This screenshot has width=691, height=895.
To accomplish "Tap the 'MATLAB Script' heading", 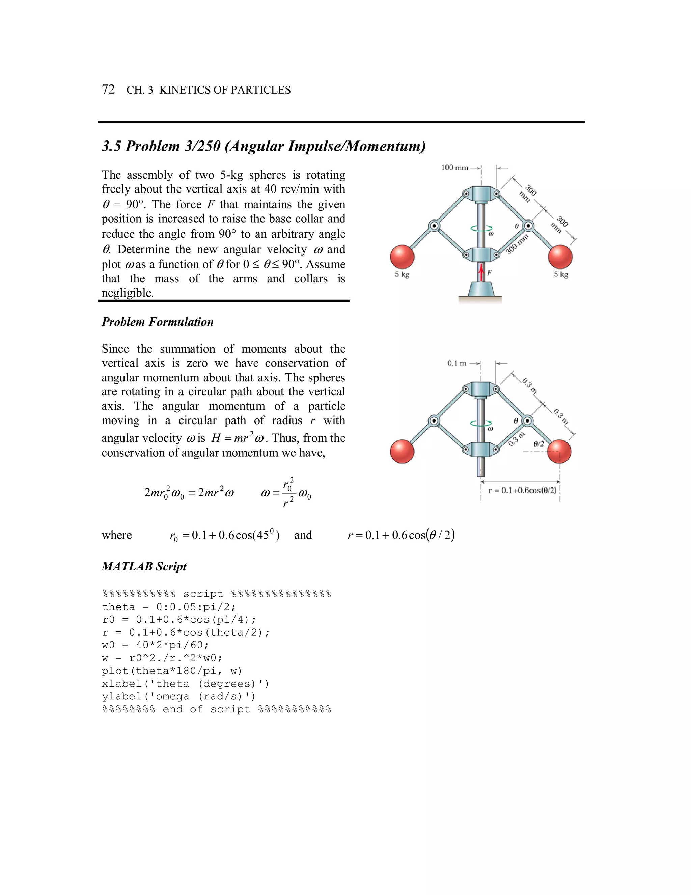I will [144, 566].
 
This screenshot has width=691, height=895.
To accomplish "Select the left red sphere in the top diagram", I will [402, 257].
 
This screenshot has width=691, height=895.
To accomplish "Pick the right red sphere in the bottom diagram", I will [559, 451].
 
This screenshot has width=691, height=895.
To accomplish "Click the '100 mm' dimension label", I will [454, 168].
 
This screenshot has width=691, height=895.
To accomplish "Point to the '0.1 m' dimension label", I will [457, 363].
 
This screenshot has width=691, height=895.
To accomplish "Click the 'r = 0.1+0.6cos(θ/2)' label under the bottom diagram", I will [522, 490].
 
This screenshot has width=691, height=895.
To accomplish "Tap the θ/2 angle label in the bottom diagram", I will [539, 444].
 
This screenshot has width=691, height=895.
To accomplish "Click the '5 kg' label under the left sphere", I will [402, 275].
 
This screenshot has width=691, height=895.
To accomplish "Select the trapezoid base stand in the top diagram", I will [481, 288].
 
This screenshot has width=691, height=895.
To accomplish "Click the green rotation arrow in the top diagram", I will [481, 229].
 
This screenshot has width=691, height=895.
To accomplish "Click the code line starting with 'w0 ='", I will [155, 645].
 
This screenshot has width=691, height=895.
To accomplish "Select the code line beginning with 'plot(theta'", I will [172, 671].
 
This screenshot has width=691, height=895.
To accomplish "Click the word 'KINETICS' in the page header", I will [185, 90].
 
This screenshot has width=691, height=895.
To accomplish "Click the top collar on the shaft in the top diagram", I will [481, 194].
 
